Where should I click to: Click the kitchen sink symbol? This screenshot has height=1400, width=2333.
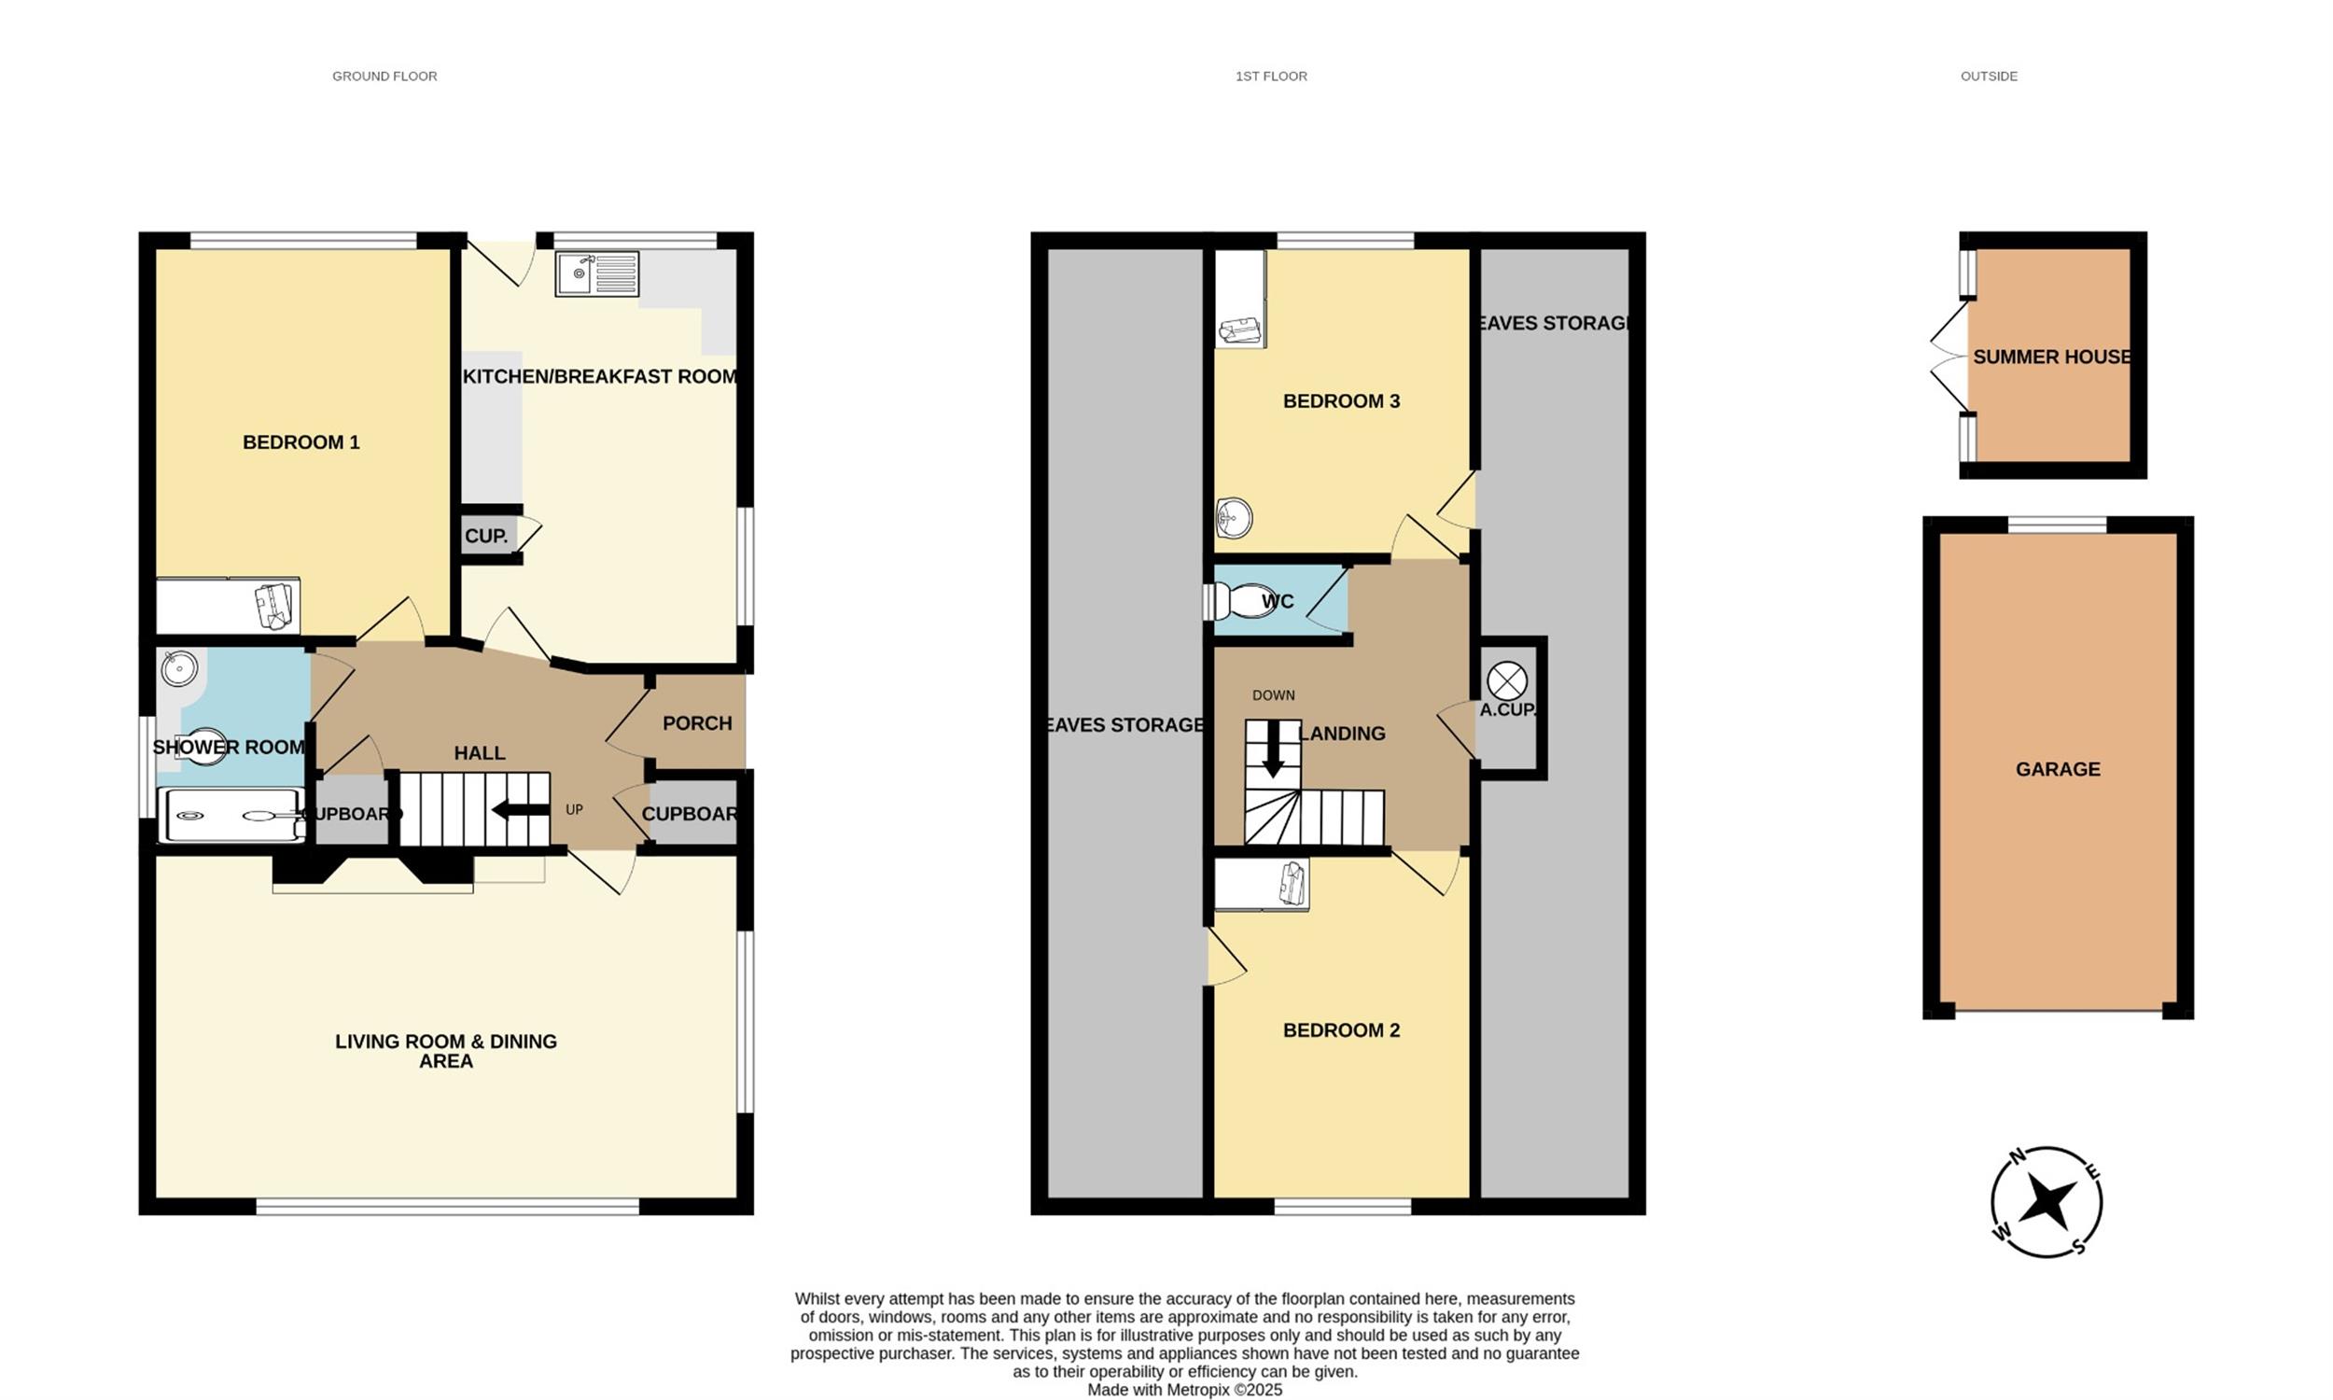coord(597,273)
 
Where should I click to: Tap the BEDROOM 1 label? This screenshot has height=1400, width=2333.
coord(301,442)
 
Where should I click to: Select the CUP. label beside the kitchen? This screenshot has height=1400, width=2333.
coord(486,536)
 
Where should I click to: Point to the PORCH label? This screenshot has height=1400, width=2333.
coord(698,723)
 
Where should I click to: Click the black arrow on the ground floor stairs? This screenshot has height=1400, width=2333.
coord(521,809)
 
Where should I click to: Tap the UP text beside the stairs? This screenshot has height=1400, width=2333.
coord(574,809)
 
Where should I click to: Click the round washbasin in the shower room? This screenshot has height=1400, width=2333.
coord(179,669)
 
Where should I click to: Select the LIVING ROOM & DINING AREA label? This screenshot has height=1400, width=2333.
coord(446,1051)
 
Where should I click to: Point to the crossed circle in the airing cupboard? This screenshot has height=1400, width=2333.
coord(1507,681)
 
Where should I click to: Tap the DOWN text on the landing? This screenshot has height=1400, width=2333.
coord(1273,695)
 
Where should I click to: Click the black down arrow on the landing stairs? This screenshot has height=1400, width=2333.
coord(1273,749)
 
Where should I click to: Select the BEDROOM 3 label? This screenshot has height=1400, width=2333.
coord(1342,401)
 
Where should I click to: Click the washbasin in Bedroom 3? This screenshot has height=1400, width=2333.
coord(1234,517)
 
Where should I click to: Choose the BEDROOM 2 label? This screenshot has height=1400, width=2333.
coord(1342,1030)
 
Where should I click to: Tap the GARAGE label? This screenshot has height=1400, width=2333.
coord(2059,770)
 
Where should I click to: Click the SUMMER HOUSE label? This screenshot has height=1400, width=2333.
coord(2052,357)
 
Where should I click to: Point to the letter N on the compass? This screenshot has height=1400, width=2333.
coord(2018,1156)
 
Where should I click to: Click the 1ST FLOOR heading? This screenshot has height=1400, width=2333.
coord(1271,77)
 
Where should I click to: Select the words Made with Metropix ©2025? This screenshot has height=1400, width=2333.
coord(1185,1390)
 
